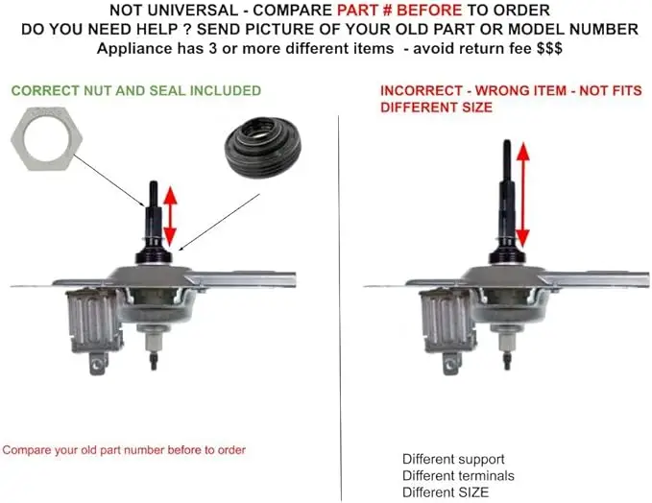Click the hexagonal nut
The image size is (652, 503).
pyautogui.click(x=46, y=138)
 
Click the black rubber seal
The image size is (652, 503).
pyautogui.click(x=263, y=149)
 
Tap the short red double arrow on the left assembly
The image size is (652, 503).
pyautogui.click(x=170, y=216)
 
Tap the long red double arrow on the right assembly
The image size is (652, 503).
pyautogui.click(x=522, y=195)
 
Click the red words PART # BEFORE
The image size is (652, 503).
pyautogui.click(x=399, y=10)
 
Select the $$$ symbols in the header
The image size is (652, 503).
pyautogui.click(x=549, y=48)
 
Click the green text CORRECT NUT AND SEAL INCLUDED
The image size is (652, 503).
pyautogui.click(x=136, y=90)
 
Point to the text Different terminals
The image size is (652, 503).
pyautogui.click(x=458, y=475)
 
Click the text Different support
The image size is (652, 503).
pyautogui.click(x=453, y=459)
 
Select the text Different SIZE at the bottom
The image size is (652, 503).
pyautogui.click(x=446, y=492)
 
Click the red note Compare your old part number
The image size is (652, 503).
pyautogui.click(x=124, y=450)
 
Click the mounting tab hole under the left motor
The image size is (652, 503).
pyautogui.click(x=97, y=365)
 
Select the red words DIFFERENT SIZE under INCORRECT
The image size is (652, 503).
pyautogui.click(x=436, y=108)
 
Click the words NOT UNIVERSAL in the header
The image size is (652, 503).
pyautogui.click(x=174, y=10)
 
